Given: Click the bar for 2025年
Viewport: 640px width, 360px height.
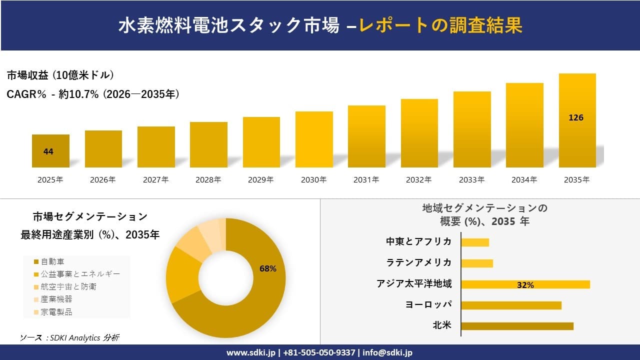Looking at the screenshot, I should click(50, 151).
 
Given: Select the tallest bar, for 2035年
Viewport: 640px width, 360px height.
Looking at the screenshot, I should click(577, 120).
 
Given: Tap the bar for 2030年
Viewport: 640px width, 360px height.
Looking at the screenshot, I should click(314, 139).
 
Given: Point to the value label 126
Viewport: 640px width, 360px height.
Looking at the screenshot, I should click(576, 118).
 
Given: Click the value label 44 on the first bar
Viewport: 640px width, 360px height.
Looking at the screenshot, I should click(48, 152).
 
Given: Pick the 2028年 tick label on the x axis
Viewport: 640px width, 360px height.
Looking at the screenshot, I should click(208, 180).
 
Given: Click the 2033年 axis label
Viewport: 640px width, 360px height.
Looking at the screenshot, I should click(472, 180).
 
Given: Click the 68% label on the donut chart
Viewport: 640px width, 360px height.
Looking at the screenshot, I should click(268, 268).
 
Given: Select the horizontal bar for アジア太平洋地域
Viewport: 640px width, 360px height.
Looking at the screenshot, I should click(525, 284).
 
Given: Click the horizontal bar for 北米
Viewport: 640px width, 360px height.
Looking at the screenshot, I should click(517, 326).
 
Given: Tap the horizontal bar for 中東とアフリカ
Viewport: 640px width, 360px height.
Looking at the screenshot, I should click(474, 242).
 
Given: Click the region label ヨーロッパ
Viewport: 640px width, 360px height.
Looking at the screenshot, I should click(428, 304).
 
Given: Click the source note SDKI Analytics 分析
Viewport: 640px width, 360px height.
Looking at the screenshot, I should click(69, 338).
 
